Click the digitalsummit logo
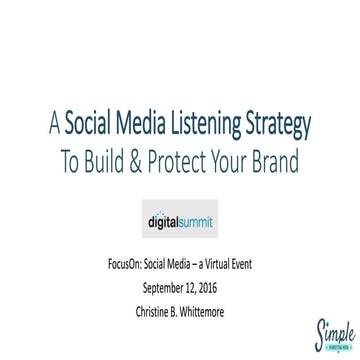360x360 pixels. coord(180,214)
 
